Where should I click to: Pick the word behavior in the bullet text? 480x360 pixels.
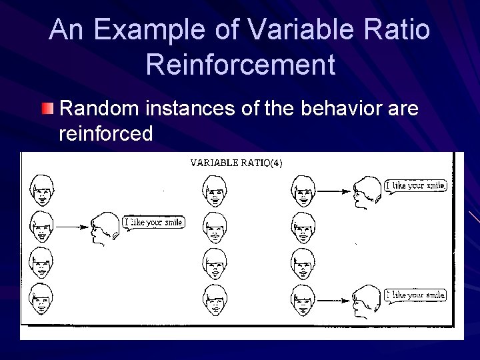click(x=341, y=108)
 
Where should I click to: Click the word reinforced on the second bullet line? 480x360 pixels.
click(x=106, y=134)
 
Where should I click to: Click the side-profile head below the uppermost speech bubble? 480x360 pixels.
click(x=368, y=191)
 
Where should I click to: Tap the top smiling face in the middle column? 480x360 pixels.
click(x=215, y=191)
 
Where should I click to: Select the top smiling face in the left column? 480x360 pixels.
click(x=41, y=191)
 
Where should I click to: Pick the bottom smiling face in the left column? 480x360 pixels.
click(x=41, y=300)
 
